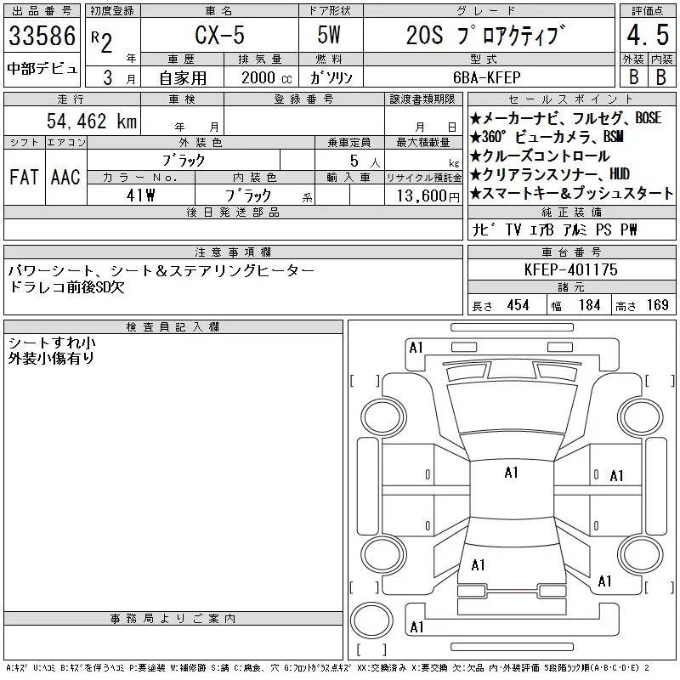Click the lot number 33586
pyautogui.click(x=42, y=36)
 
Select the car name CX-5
pyautogui.click(x=219, y=35)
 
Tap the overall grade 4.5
pyautogui.click(x=648, y=35)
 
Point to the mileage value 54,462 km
pyautogui.click(x=92, y=121)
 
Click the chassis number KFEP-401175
pyautogui.click(x=570, y=269)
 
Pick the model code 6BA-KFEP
pyautogui.click(x=486, y=77)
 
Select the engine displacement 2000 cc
pyautogui.click(x=266, y=77)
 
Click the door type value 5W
pyautogui.click(x=329, y=35)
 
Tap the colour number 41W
pyautogui.click(x=140, y=195)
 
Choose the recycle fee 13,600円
pyautogui.click(x=428, y=195)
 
